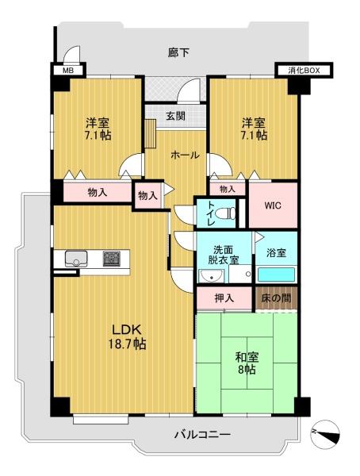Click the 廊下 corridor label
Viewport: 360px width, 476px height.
point(178,53)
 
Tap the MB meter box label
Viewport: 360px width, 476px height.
point(68,71)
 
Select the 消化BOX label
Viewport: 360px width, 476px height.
point(304,71)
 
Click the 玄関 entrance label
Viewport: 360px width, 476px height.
point(175,115)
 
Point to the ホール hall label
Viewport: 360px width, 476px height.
point(185,155)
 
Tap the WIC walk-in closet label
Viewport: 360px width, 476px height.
point(273,205)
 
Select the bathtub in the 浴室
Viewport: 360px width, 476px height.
point(276,274)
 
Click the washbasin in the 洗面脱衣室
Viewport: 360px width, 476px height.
point(211,276)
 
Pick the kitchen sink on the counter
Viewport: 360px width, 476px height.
point(76,259)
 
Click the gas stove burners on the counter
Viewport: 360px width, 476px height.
point(111,259)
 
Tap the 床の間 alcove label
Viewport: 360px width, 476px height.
point(276,298)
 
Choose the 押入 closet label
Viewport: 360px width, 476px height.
point(224,298)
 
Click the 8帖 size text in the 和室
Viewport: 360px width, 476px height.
point(247,370)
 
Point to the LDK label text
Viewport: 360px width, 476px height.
point(127,329)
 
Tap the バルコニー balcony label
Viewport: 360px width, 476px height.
point(202,435)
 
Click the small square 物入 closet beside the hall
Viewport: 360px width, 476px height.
point(147,195)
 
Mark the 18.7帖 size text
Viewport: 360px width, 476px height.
point(127,344)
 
